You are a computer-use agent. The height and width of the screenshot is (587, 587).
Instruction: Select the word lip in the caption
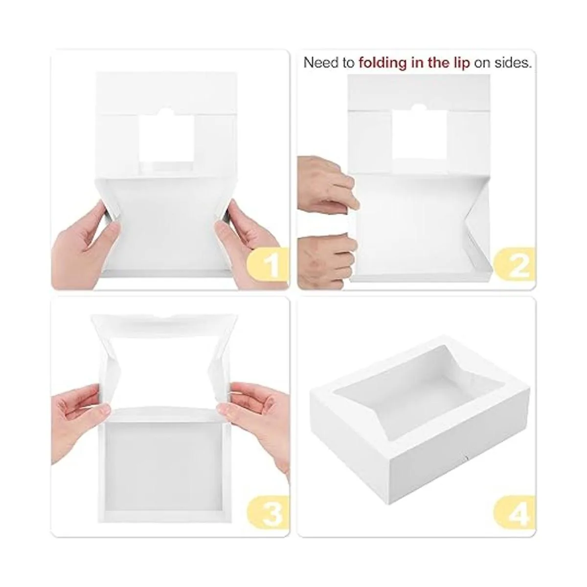461,64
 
